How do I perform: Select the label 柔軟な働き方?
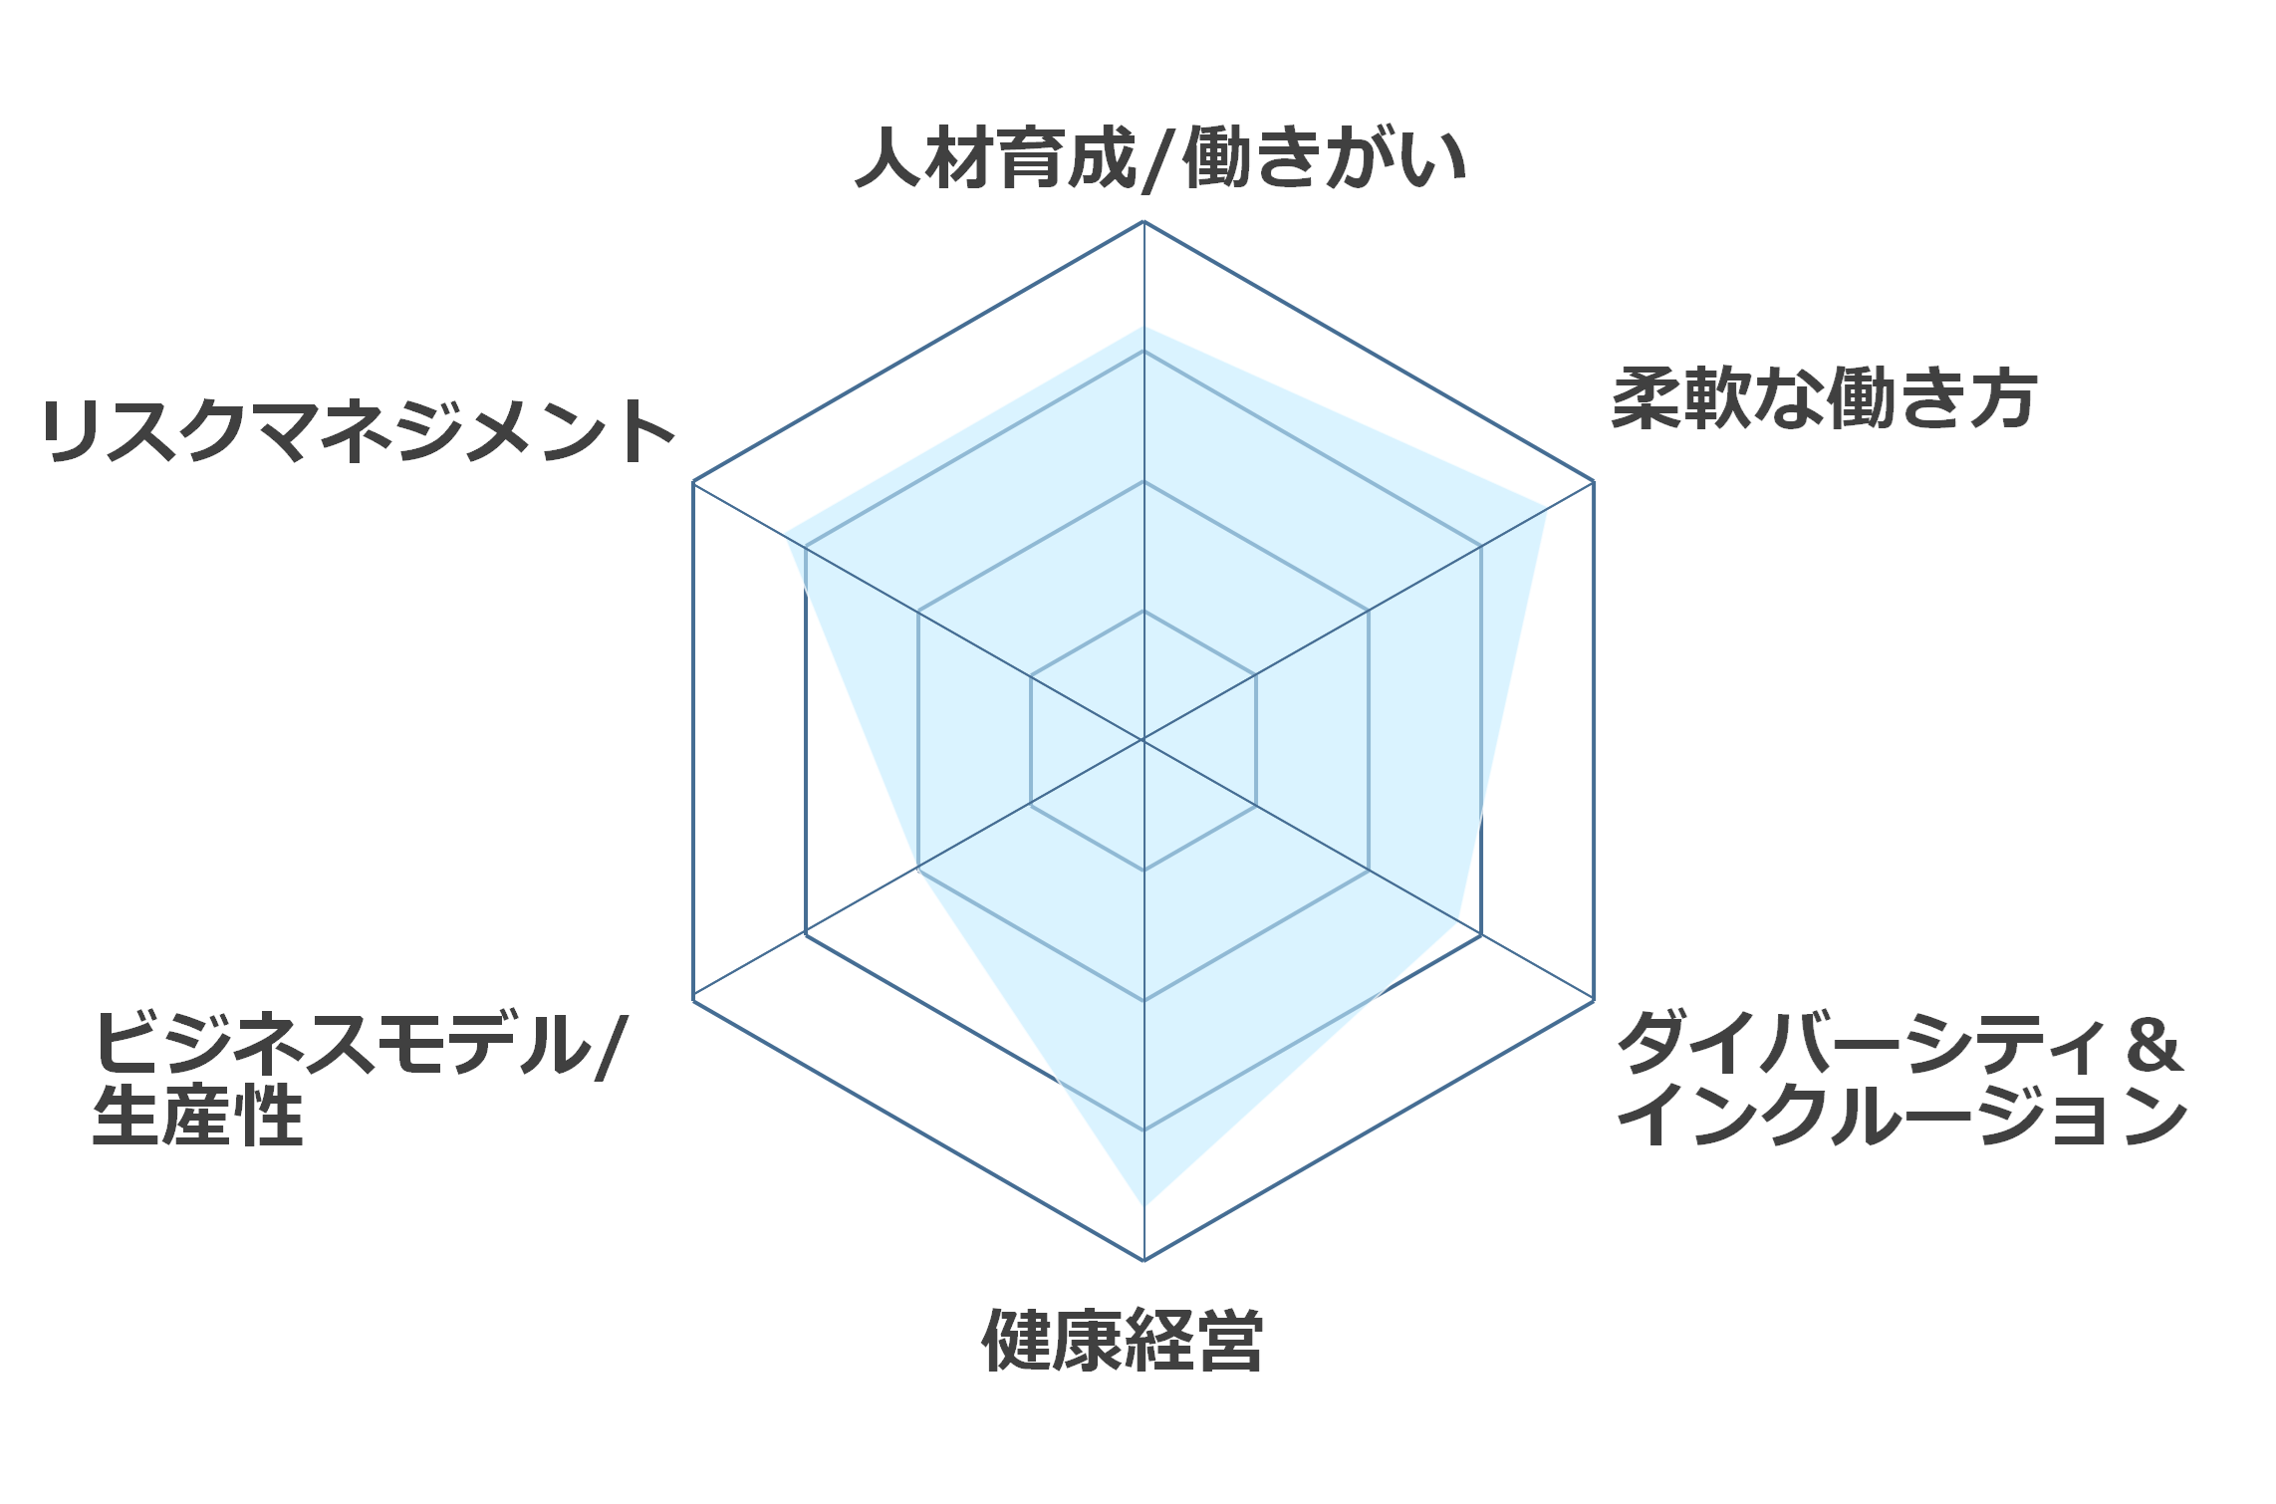tap(1824, 398)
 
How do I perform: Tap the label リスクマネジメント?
tap(359, 431)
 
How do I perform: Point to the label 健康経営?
tap(1123, 1340)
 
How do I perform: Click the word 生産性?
tap(197, 1115)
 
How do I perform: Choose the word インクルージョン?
tap(1902, 1115)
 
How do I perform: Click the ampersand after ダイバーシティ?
tap(2153, 1045)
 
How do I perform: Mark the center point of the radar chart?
tap(1143, 740)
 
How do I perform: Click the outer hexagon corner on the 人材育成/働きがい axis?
tap(1143, 221)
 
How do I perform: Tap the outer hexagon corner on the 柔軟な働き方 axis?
tap(1594, 482)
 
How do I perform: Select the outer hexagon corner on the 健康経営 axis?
tap(1143, 1260)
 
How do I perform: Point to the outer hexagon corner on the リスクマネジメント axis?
tap(693, 482)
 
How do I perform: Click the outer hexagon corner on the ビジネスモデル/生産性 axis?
tap(693, 999)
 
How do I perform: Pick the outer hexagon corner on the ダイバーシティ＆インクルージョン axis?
tap(1594, 999)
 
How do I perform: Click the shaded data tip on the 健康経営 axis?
tap(1143, 1206)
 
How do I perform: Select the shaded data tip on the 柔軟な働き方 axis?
tap(1546, 510)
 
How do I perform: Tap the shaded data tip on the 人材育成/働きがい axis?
tap(1143, 327)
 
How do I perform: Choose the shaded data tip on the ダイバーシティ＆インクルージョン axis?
tap(1458, 920)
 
